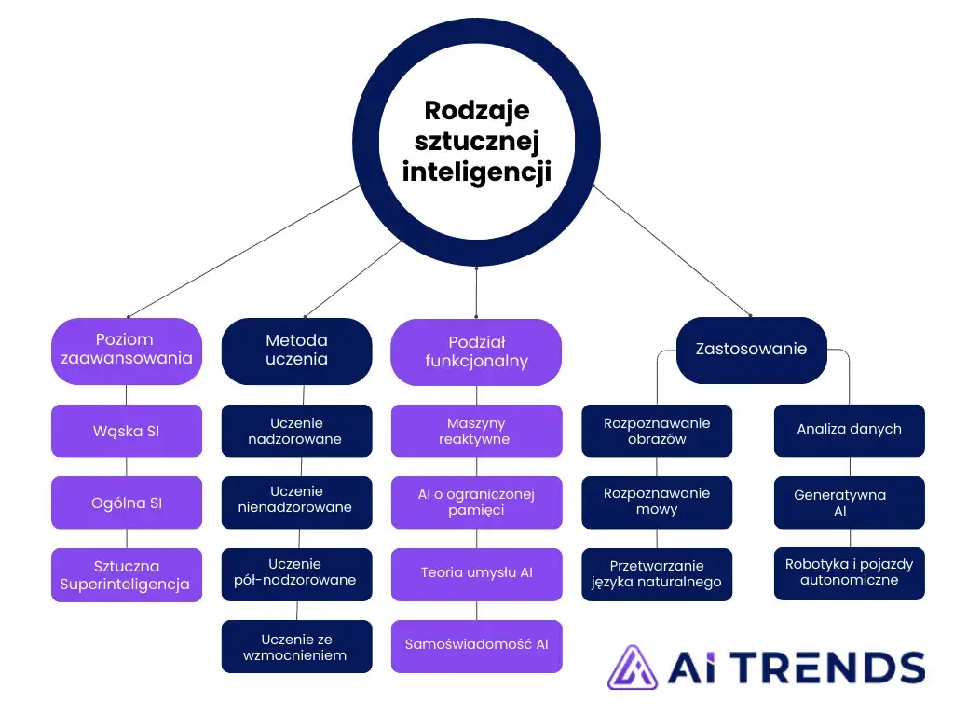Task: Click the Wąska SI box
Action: click(127, 431)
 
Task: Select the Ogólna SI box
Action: click(127, 503)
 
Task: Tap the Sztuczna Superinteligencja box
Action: click(127, 575)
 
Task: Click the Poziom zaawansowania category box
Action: click(127, 351)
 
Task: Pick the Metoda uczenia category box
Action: click(296, 351)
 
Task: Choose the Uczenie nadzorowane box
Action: click(296, 431)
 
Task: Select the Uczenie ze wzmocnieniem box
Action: click(296, 647)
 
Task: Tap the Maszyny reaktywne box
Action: click(476, 431)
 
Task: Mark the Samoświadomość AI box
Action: click(476, 646)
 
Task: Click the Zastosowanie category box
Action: click(752, 350)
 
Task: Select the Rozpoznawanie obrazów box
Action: click(657, 431)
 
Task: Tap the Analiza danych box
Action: click(849, 430)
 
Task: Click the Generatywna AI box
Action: click(849, 503)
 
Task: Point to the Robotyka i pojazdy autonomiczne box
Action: click(849, 573)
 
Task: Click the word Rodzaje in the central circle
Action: click(477, 110)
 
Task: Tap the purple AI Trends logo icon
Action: click(632, 668)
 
